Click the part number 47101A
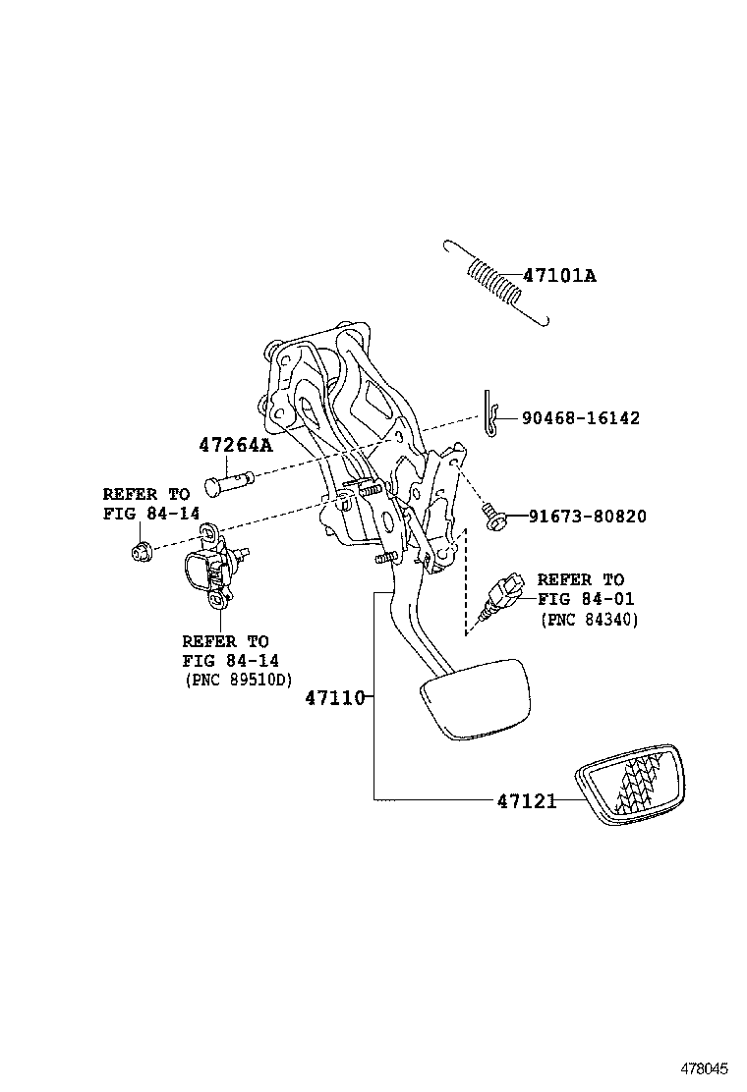click(x=559, y=275)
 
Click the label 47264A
click(x=235, y=445)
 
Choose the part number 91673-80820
click(x=587, y=516)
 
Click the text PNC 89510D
click(x=238, y=680)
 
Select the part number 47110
click(x=334, y=698)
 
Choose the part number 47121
click(x=526, y=801)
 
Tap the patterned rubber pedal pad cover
click(x=635, y=789)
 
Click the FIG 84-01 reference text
click(x=586, y=599)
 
